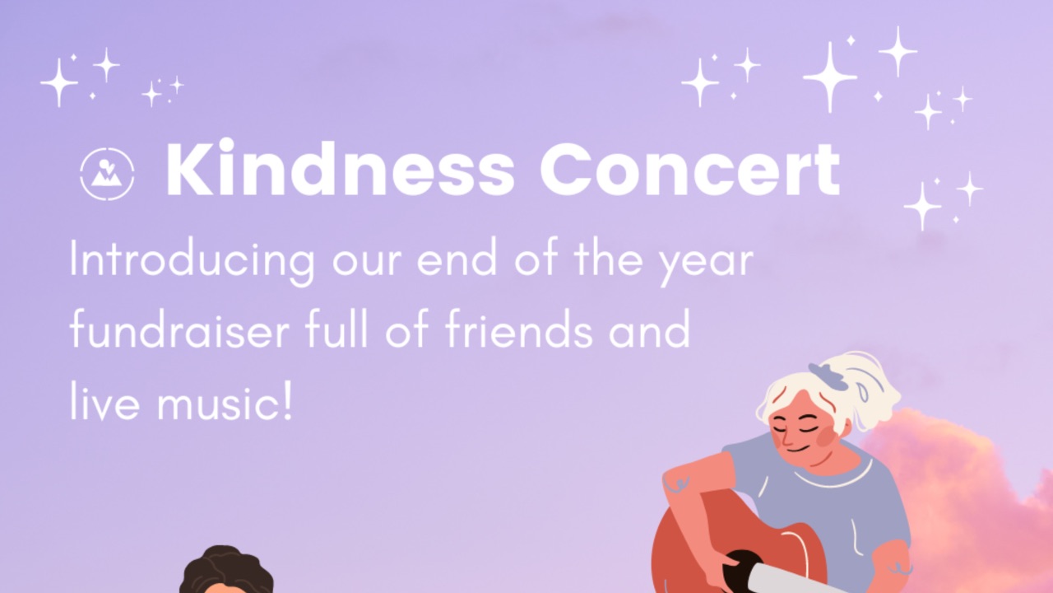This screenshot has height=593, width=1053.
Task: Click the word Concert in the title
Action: tap(690, 170)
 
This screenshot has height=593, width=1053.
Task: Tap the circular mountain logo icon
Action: tap(107, 174)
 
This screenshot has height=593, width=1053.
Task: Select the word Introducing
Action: tap(192, 261)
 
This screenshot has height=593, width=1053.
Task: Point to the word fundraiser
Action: tap(179, 329)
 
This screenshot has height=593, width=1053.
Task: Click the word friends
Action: tap(519, 329)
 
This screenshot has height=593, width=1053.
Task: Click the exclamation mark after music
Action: tap(288, 400)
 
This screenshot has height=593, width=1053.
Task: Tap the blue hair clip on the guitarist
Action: tap(828, 377)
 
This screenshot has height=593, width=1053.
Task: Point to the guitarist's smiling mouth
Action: tap(798, 449)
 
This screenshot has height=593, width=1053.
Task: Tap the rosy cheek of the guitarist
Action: tap(826, 437)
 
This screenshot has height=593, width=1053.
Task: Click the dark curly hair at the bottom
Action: tap(225, 569)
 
